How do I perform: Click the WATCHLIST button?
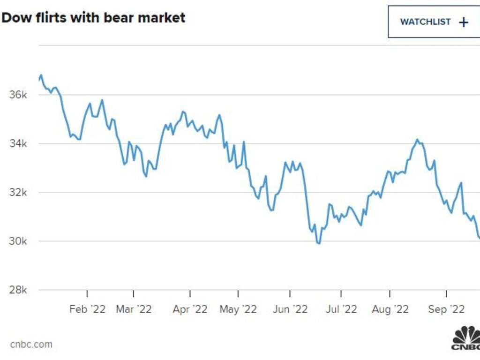click(434, 22)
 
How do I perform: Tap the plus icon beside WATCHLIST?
click(464, 22)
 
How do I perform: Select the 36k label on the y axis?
click(19, 95)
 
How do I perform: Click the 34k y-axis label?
click(19, 143)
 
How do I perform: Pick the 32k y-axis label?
click(19, 192)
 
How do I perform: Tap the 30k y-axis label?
click(19, 241)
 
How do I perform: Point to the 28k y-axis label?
click(19, 290)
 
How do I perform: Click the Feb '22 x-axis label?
click(87, 309)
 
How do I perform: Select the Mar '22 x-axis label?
click(134, 309)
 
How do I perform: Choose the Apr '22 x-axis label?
click(190, 309)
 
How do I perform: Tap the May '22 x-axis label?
click(238, 309)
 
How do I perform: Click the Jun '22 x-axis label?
click(290, 309)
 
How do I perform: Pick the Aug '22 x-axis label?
click(390, 309)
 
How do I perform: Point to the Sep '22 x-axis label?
click(446, 309)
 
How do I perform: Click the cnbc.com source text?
click(31, 345)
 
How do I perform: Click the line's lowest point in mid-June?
click(319, 243)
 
